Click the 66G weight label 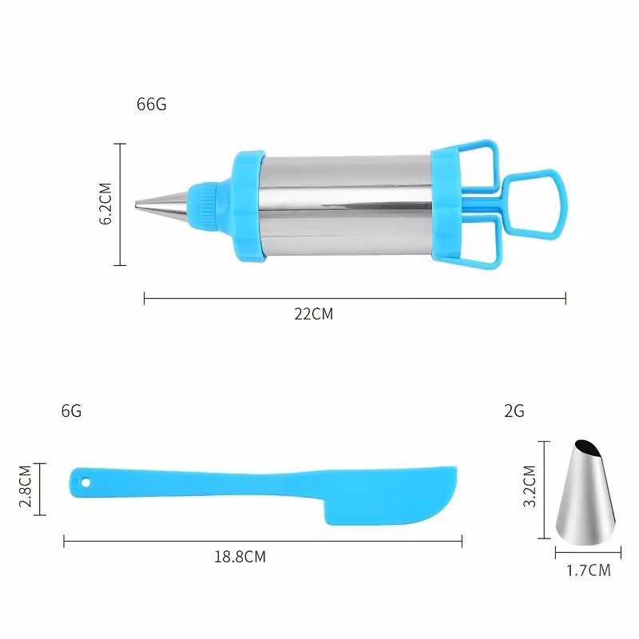[x=152, y=105]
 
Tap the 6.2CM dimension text [x=105, y=204]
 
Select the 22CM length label [x=314, y=314]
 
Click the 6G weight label [x=71, y=411]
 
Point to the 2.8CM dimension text [x=26, y=486]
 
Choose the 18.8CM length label [x=240, y=557]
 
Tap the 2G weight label [x=514, y=411]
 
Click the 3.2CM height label [x=530, y=486]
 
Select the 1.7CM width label [x=589, y=570]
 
